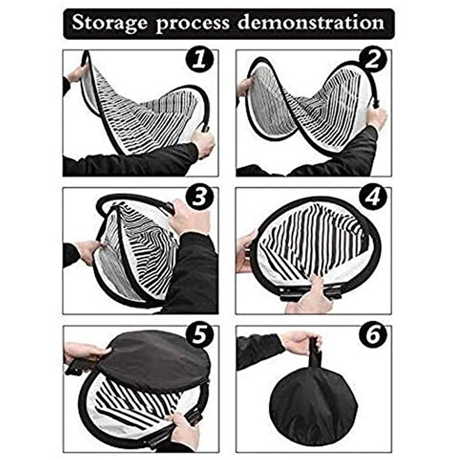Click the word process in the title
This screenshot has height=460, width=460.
[x=194, y=24]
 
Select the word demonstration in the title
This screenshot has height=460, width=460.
[x=310, y=23]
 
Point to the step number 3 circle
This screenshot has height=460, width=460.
[x=200, y=197]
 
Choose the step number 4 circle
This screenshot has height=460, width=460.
[x=373, y=197]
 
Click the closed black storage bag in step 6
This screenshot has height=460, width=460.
[x=313, y=402]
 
